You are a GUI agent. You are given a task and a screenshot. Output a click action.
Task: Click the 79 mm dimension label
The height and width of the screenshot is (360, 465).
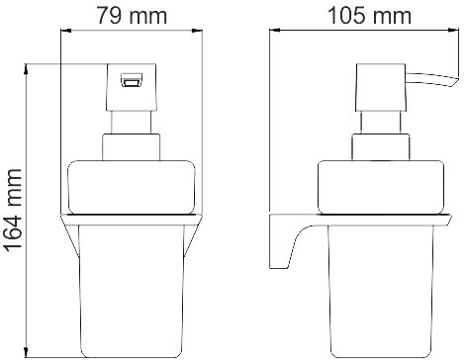132,16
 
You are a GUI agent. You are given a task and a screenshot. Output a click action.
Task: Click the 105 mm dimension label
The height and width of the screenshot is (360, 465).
370,16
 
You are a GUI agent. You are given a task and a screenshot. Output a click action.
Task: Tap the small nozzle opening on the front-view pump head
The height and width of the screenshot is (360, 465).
131,80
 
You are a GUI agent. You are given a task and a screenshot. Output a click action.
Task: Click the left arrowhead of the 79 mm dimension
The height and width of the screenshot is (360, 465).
66,31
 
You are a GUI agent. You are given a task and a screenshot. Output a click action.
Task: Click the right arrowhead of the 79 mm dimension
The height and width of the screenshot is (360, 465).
197,31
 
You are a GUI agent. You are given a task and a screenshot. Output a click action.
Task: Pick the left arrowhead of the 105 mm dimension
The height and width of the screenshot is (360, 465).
275,31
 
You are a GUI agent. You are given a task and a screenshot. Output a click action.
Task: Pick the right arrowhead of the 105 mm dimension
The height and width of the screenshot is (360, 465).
454,31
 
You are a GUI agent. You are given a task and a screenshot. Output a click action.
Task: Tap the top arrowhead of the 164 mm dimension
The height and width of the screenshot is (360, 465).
26,69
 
